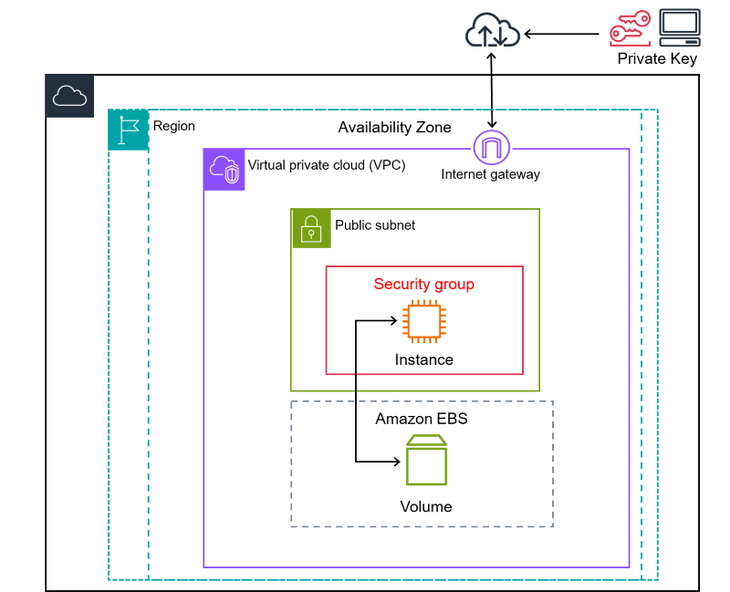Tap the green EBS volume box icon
pyautogui.click(x=426, y=461)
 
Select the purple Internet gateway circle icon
pyautogui.click(x=492, y=148)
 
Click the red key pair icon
pyautogui.click(x=631, y=28)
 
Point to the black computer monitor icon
pyautogui.click(x=680, y=27)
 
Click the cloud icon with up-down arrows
pyautogui.click(x=492, y=33)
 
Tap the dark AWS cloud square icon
pyautogui.click(x=70, y=96)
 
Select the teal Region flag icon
pyautogui.click(x=128, y=130)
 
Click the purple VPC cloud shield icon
pyautogui.click(x=224, y=170)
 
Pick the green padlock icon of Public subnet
pyautogui.click(x=311, y=228)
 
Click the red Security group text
pyautogui.click(x=424, y=284)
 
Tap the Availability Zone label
pyautogui.click(x=394, y=127)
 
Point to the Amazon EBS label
pyautogui.click(x=422, y=419)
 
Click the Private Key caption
pyautogui.click(x=657, y=58)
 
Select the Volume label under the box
pyautogui.click(x=426, y=506)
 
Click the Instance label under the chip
pyautogui.click(x=424, y=359)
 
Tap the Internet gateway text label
pyautogui.click(x=491, y=174)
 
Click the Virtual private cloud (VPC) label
pyautogui.click(x=327, y=166)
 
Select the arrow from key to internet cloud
pyautogui.click(x=566, y=35)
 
